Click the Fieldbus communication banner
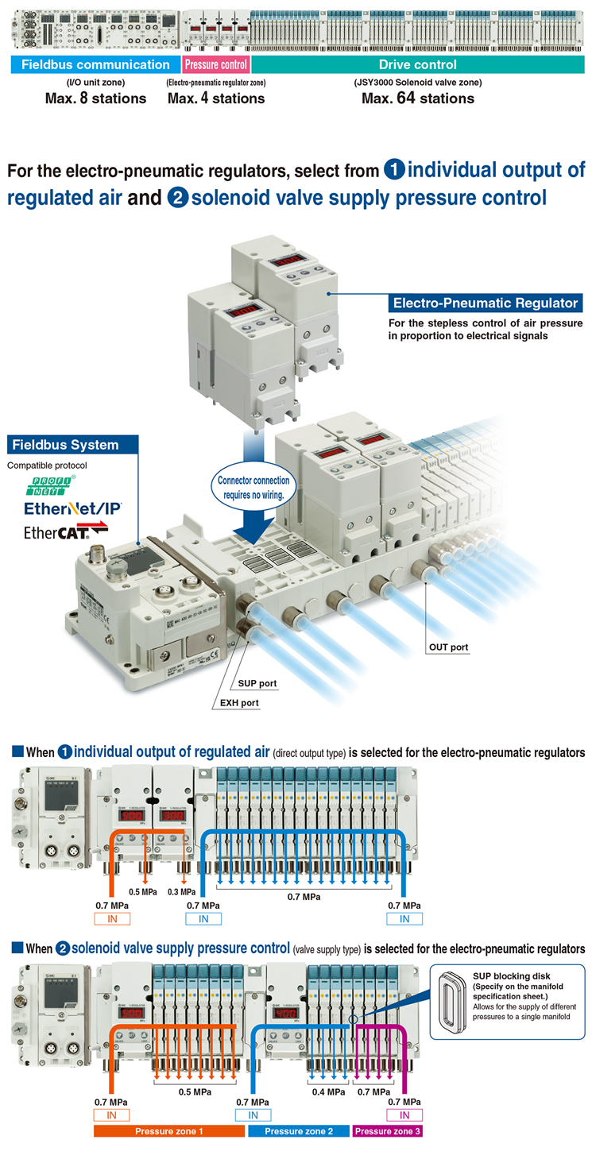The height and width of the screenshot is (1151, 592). click(x=95, y=65)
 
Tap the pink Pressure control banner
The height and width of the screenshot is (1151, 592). click(x=215, y=65)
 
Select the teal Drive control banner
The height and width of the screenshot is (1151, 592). click(x=417, y=65)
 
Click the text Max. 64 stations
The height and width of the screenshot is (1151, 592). click(x=417, y=98)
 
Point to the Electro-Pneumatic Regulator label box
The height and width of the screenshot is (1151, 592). click(x=485, y=303)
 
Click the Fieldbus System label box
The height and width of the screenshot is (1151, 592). click(x=72, y=445)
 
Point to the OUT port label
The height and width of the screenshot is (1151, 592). click(x=448, y=647)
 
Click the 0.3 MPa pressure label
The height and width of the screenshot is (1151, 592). click(x=183, y=890)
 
